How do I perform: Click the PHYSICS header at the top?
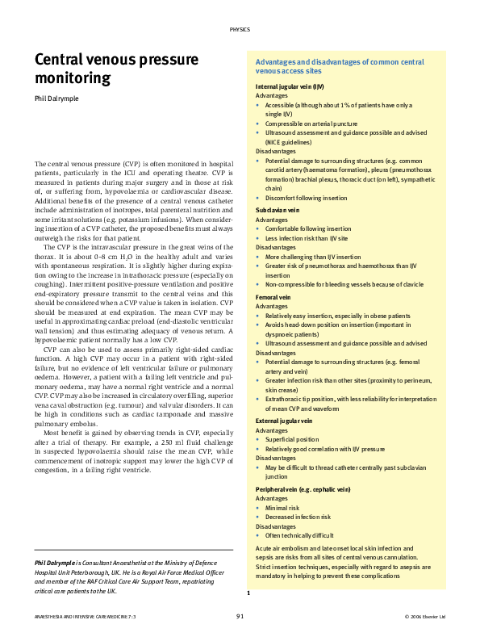click(240, 29)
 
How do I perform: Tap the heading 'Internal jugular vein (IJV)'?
click(290, 86)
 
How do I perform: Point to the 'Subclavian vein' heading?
click(278, 209)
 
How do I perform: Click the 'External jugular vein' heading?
click(284, 421)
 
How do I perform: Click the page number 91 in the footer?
click(240, 616)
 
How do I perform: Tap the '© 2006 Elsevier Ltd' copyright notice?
click(424, 617)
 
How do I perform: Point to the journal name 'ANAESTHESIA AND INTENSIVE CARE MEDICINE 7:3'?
click(80, 617)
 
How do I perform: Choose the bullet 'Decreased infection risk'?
click(298, 517)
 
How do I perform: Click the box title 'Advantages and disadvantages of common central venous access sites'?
click(340, 66)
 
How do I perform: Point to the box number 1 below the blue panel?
click(248, 593)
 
